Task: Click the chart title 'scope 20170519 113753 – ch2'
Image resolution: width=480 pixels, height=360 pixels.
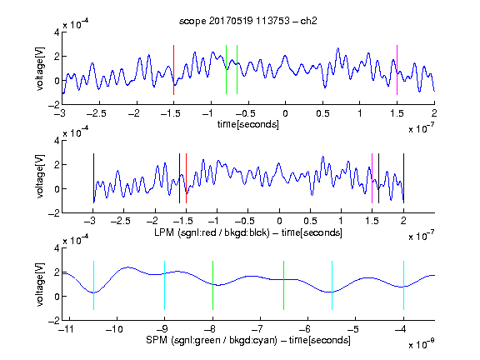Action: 247,21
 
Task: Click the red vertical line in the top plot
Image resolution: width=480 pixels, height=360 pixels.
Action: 173,70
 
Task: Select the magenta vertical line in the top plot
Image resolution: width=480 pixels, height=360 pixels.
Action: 397,70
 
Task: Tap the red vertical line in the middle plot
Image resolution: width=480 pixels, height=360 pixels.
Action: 186,178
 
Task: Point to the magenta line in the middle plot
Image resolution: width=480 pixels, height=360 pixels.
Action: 372,178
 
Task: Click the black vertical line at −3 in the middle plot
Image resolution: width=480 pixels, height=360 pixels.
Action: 93,178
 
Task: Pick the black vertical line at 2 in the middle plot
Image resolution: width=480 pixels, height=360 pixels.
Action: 403,178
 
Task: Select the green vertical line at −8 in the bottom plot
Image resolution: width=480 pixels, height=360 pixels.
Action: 212,285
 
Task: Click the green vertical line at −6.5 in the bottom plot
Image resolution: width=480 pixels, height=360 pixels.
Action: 284,285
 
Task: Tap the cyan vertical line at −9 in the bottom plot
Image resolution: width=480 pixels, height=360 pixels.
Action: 164,285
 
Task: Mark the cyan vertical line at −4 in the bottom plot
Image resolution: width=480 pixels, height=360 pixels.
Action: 403,285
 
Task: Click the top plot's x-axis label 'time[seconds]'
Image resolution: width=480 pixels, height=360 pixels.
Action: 248,124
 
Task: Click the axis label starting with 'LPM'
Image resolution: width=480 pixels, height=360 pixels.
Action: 248,232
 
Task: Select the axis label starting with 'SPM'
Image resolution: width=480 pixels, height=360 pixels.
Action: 248,340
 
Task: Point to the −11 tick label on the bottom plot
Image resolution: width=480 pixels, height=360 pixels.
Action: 66,329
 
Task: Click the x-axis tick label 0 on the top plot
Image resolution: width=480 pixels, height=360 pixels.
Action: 285,113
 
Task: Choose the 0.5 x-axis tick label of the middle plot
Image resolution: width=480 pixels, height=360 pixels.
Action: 310,221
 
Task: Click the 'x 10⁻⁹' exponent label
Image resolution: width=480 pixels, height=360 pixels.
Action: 422,344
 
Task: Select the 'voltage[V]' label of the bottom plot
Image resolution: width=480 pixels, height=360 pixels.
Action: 40,285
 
